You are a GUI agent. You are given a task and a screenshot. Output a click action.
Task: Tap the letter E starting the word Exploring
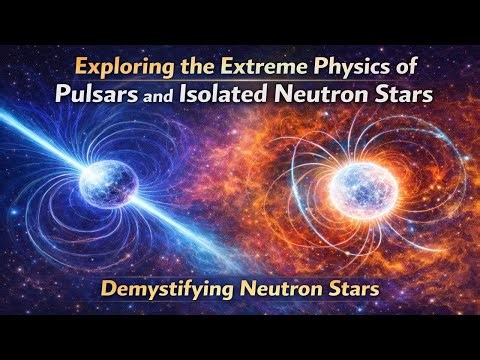pyautogui.click(x=79, y=71)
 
